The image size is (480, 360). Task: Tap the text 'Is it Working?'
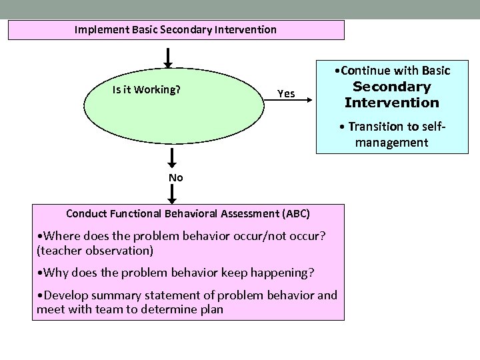[x=147, y=89]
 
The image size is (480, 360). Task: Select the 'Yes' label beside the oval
[x=286, y=94]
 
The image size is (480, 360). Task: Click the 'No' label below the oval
[x=176, y=177]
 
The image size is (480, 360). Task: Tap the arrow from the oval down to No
[x=172, y=158]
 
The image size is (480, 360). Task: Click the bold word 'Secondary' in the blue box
[x=392, y=87]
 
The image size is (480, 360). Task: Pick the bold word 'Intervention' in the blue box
[x=392, y=103]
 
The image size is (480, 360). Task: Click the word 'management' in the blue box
[x=391, y=142]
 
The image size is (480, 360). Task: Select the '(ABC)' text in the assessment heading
[x=296, y=214]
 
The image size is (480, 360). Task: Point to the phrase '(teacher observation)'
[x=95, y=251]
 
